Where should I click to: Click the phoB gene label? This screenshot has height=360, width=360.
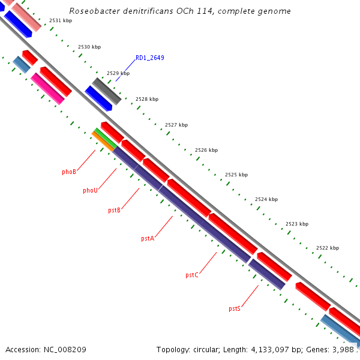(x=69, y=172)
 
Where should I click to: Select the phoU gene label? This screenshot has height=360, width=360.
(x=90, y=191)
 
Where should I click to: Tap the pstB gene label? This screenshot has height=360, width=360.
(x=115, y=210)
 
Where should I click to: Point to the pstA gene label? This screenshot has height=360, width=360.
(x=148, y=239)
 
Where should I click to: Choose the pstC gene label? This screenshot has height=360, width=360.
(x=192, y=275)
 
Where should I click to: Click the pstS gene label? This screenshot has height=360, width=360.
(x=235, y=309)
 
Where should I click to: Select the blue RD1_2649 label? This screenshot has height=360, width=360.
(x=150, y=58)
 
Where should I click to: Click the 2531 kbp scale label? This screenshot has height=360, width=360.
(x=61, y=20)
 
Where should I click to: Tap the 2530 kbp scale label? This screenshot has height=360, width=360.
(x=89, y=47)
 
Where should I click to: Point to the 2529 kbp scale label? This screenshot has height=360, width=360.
(x=118, y=73)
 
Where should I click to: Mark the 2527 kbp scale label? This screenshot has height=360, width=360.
(x=176, y=125)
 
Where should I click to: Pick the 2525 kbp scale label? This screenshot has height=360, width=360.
(x=236, y=175)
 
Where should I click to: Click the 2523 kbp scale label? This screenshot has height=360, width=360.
(x=297, y=224)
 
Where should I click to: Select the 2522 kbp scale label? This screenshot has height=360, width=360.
(x=328, y=248)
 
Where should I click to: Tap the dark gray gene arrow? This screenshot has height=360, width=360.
(x=107, y=91)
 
